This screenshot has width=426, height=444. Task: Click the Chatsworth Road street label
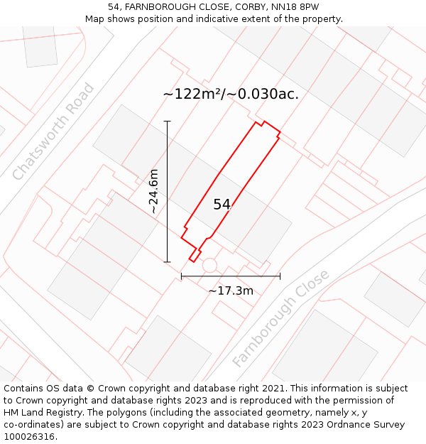(53, 132)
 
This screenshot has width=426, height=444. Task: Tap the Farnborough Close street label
(281, 318)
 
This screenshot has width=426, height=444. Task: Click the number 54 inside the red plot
(222, 205)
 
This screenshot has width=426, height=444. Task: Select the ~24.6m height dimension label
(153, 191)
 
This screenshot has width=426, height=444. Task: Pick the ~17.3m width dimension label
(231, 291)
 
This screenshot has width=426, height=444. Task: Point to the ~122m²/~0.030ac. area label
(231, 94)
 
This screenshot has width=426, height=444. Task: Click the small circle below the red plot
(209, 265)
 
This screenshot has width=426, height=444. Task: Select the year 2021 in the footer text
(274, 389)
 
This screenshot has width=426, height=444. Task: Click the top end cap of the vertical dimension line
(168, 121)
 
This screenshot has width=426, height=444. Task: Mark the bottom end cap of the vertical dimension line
(168, 262)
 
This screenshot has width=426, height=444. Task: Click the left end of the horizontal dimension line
(182, 276)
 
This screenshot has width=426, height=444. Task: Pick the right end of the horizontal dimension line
(280, 276)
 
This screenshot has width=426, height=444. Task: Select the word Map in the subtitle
(94, 19)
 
